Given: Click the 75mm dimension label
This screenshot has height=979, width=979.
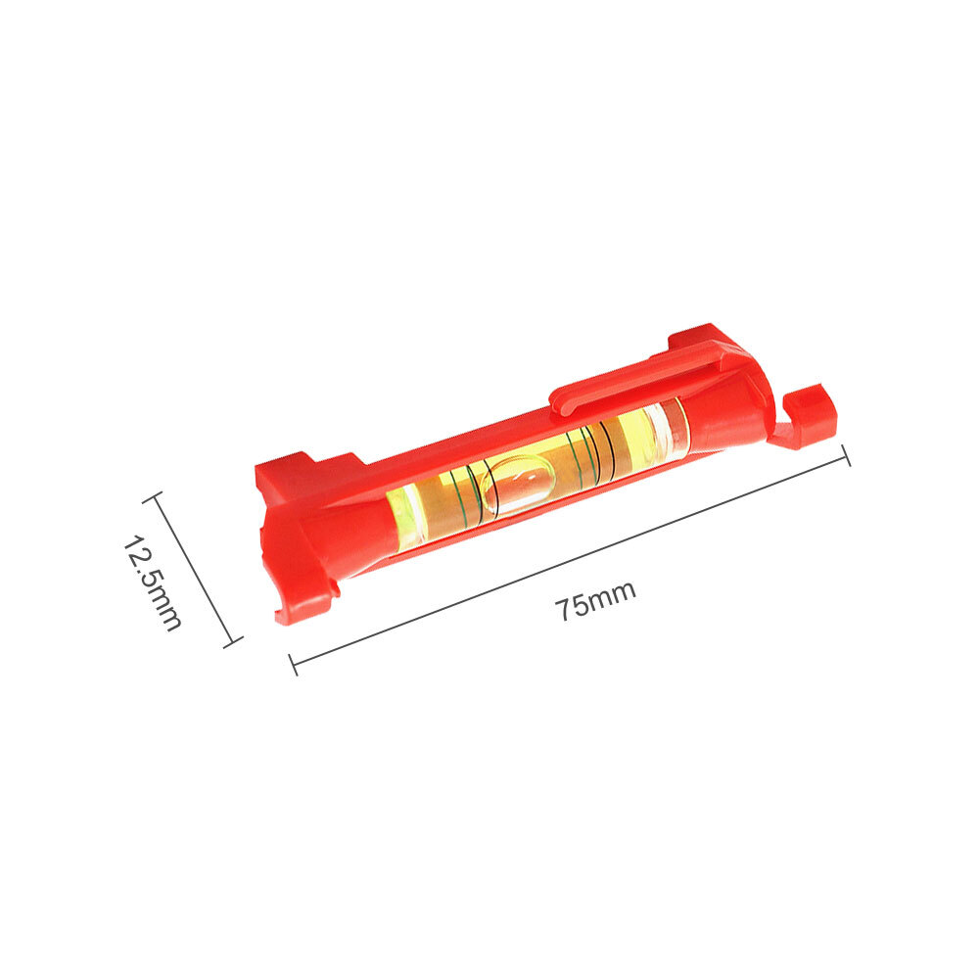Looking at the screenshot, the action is (595, 600).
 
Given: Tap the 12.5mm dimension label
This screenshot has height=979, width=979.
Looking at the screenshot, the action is (153, 582).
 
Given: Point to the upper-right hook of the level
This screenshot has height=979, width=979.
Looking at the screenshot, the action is (807, 416).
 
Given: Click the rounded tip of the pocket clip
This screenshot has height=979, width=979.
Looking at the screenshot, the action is (559, 402).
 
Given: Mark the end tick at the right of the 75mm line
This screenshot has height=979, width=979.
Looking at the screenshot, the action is (846, 455).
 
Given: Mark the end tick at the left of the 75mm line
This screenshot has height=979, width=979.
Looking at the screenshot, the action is (293, 665).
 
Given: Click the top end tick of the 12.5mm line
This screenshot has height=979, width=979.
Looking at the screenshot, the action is (153, 497).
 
